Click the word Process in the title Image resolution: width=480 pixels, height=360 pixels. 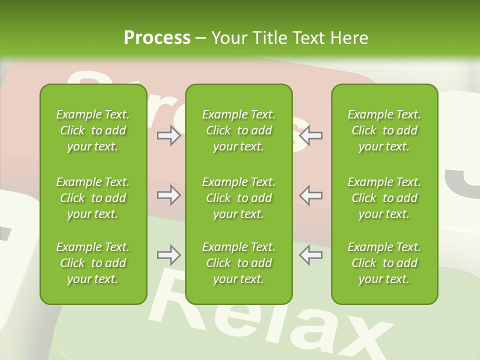coord(157,38)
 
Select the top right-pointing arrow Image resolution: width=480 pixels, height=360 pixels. coord(168,135)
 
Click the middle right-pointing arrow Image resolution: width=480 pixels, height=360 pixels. coord(168,195)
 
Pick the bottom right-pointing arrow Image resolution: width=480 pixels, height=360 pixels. coord(168,255)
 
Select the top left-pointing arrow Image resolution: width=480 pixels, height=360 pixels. coord(310,135)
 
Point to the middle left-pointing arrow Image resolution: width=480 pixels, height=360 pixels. coord(310,195)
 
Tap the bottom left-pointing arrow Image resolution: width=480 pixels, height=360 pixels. coord(310,255)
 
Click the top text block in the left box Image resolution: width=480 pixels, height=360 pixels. coord(93,130)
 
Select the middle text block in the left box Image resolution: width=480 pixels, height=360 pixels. coord(93,198)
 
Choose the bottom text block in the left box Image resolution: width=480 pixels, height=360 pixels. coord(93,263)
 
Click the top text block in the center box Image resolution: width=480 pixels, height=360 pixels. coord(238,130)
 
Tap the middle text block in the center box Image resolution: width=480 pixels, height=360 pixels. coord(238,198)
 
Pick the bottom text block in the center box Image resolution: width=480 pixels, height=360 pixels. coord(238,263)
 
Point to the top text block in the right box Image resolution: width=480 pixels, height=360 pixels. coord(384,130)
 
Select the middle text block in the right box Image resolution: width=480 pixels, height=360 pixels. coord(384,198)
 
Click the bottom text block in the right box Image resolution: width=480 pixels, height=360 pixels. coord(384,263)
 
